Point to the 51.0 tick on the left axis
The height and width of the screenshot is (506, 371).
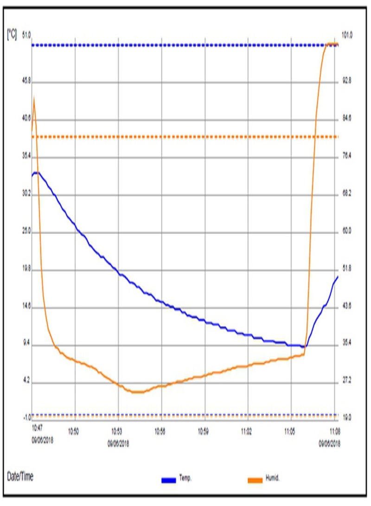[26, 35]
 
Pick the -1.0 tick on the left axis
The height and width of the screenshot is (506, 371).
[26, 417]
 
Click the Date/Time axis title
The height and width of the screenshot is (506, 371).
[20, 476]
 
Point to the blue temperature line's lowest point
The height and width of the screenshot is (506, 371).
[304, 346]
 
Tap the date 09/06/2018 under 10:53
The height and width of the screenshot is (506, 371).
[118, 443]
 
